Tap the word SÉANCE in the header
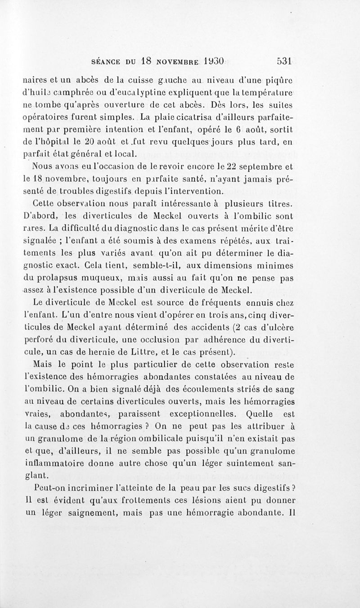point(106,61)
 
